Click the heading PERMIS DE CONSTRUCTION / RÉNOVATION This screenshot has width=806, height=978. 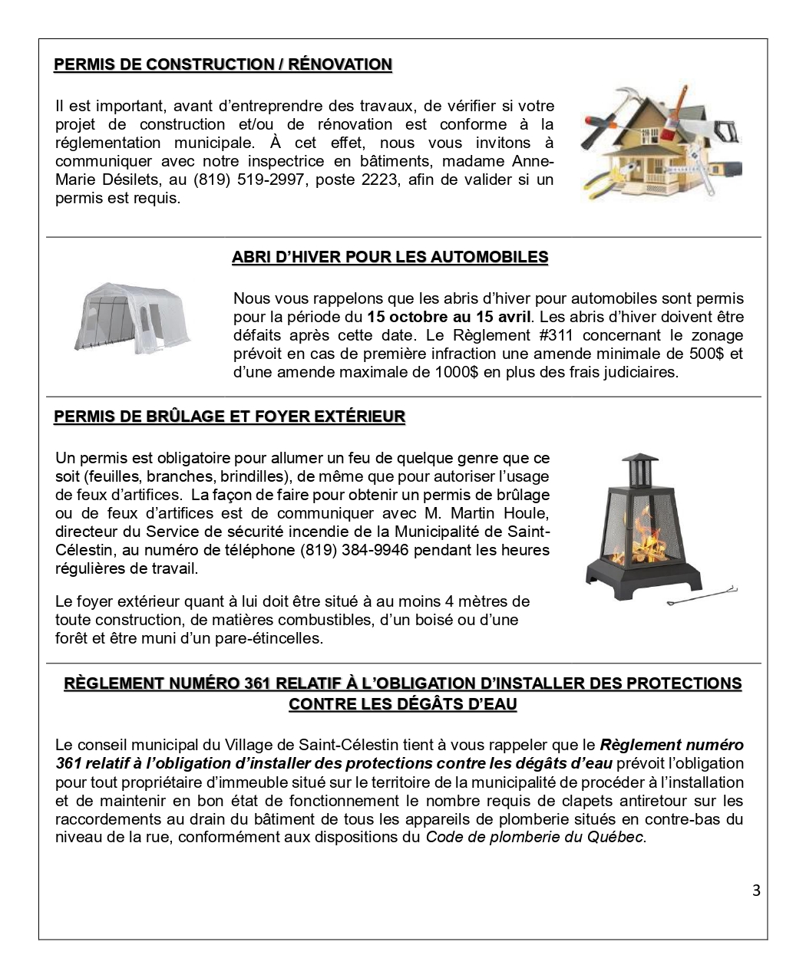[223, 64]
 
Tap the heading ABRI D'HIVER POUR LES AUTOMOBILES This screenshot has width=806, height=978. [390, 257]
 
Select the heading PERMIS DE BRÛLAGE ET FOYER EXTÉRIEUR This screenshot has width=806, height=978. [230, 417]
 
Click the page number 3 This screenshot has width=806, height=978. [756, 891]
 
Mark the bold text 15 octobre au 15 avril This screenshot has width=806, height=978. [448, 317]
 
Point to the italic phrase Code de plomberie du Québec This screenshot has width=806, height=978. [535, 837]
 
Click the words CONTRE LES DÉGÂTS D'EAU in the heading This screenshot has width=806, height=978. [403, 704]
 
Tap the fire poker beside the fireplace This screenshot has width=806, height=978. [702, 595]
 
